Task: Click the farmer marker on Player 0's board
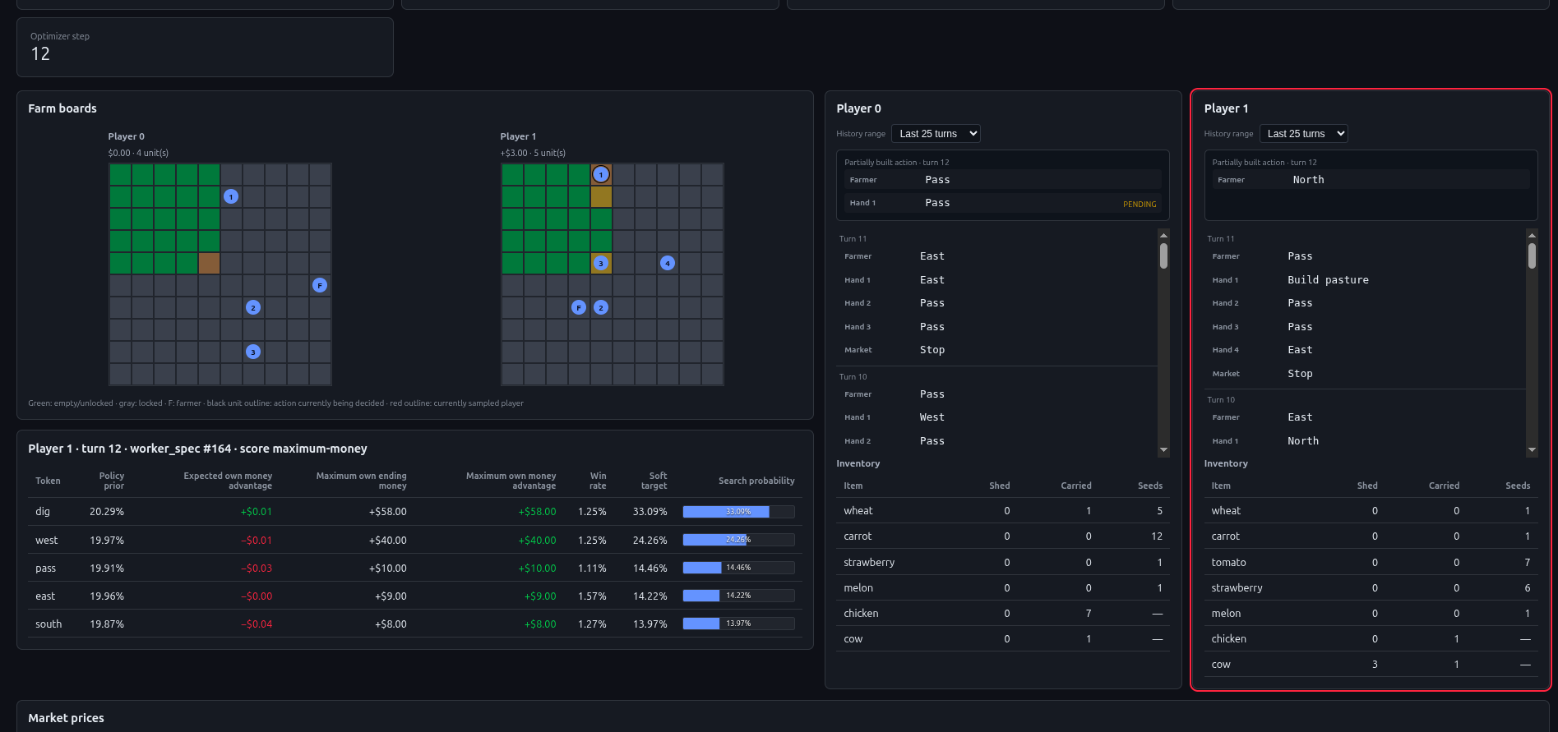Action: point(320,285)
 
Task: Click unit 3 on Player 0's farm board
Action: point(253,352)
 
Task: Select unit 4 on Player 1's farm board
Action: point(668,263)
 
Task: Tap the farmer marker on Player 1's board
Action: point(579,307)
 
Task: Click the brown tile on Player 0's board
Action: point(209,263)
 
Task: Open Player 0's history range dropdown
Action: point(936,134)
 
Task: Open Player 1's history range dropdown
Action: point(1303,134)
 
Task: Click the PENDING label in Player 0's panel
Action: point(1140,205)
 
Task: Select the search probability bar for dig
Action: point(738,512)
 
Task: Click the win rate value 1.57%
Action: point(592,596)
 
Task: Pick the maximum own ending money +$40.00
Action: point(388,541)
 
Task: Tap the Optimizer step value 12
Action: point(40,54)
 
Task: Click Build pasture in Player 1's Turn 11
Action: point(1328,280)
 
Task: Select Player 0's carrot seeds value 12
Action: point(1157,536)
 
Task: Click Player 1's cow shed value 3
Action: point(1375,665)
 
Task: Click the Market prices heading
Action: point(66,718)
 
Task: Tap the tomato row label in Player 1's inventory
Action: point(1228,563)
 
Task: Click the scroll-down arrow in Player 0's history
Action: point(1163,450)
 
